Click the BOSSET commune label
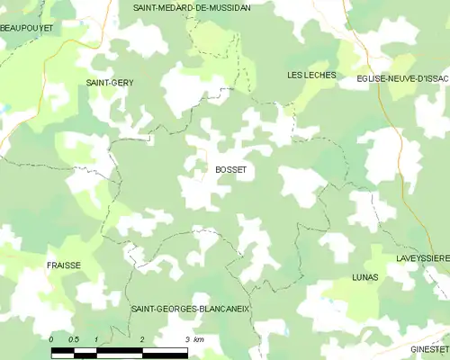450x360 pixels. [230, 169]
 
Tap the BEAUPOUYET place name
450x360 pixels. [27, 29]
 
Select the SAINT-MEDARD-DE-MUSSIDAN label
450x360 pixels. [192, 7]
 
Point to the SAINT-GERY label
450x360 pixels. [110, 83]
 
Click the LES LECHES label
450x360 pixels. [311, 75]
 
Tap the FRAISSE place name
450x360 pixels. [64, 265]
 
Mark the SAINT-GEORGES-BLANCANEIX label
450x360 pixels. [190, 309]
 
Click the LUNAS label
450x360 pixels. [365, 277]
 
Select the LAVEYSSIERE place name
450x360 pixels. [422, 258]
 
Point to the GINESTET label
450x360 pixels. [430, 348]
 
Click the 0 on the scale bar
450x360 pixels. [51, 338]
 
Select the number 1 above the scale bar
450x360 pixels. [97, 338]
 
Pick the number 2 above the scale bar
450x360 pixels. [142, 338]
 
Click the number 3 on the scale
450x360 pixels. [186, 338]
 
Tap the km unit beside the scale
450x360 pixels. [199, 338]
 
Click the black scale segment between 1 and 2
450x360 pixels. [120, 349]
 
